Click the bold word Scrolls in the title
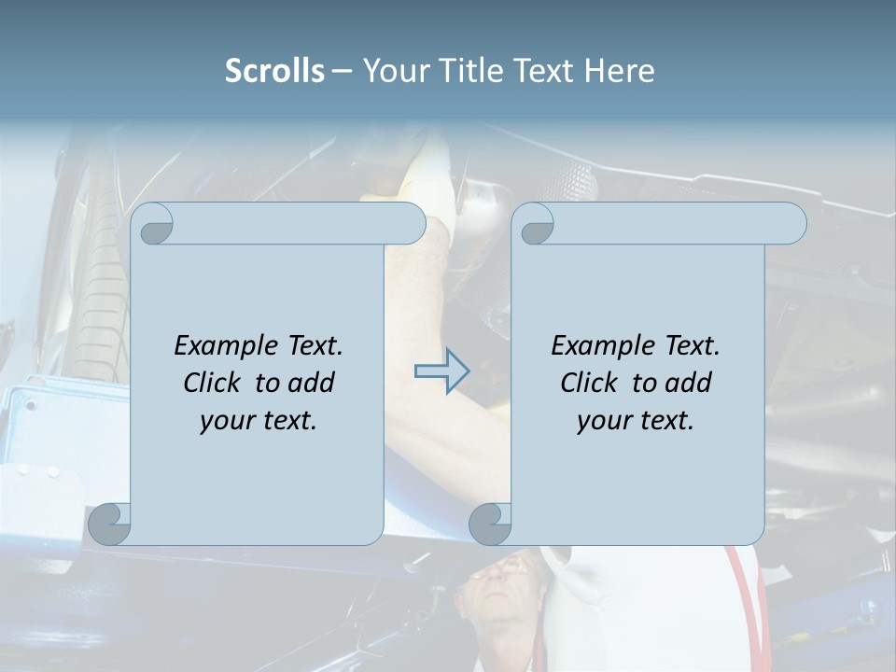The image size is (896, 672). coord(274,71)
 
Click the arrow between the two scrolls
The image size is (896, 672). coord(442,371)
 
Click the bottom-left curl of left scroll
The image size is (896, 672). coord(110,525)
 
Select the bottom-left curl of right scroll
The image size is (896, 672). coord(490,525)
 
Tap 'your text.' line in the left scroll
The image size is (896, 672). coord(259,420)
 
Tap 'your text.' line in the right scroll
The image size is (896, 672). coord(636,420)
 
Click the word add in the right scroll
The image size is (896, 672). coord(687,383)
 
